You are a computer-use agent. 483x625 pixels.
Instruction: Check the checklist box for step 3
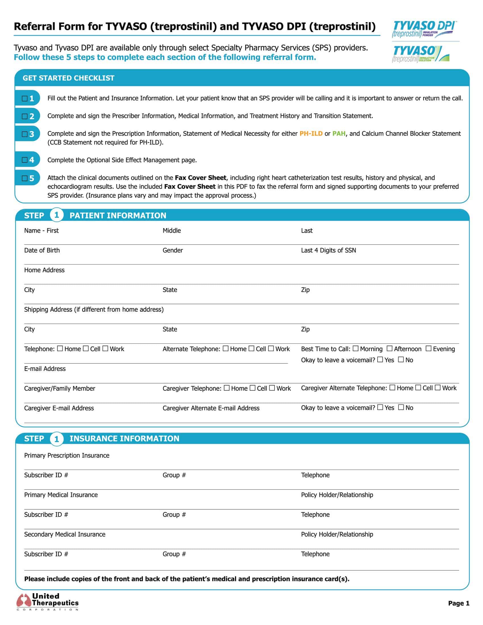point(25,134)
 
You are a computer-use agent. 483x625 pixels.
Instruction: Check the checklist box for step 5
point(25,178)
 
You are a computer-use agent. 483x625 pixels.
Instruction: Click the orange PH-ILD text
point(311,134)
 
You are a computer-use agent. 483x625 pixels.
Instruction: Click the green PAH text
point(339,134)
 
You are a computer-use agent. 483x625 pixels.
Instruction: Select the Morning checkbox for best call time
point(355,348)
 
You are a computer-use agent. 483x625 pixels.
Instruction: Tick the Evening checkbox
point(428,348)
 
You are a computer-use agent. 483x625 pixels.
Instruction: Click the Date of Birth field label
point(42,250)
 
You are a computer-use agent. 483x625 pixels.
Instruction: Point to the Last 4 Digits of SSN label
point(328,250)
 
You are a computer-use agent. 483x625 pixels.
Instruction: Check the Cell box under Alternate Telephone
point(251,348)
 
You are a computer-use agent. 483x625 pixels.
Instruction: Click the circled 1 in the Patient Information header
point(56,215)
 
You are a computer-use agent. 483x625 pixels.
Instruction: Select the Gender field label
point(172,250)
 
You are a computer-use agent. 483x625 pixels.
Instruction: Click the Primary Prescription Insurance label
point(67,455)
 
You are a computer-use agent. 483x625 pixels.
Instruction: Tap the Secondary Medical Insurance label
point(65,534)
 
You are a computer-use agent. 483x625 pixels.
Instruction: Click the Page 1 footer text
point(459,603)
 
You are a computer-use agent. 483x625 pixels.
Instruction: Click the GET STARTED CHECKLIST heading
point(68,78)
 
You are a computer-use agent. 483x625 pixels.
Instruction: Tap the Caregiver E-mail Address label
point(59,408)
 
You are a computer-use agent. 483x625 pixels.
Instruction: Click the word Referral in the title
point(34,27)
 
